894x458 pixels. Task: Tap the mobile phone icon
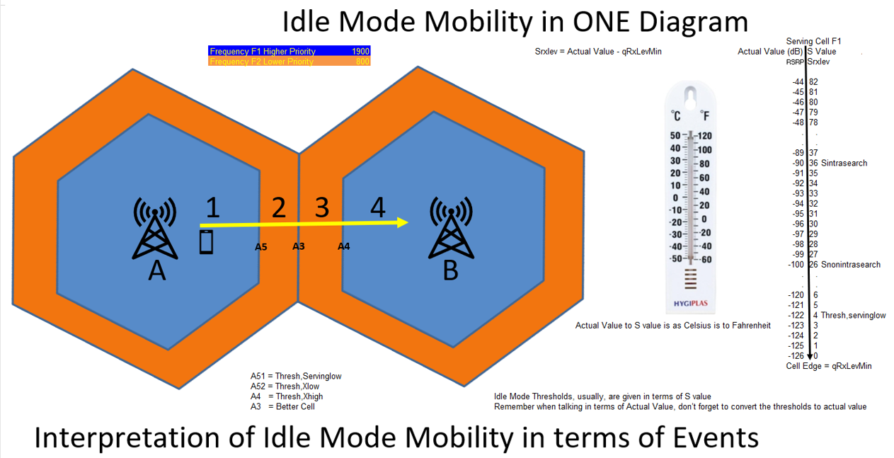tap(206, 241)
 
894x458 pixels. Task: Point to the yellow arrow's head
tap(403, 222)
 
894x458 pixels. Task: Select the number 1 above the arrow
tap(213, 207)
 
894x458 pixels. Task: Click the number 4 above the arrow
tap(378, 207)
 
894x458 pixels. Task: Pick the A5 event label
tap(260, 247)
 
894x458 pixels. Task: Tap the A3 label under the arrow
tap(299, 246)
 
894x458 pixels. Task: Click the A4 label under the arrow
tap(343, 246)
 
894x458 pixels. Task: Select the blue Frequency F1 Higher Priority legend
tap(289, 52)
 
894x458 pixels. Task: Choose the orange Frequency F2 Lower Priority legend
tap(289, 62)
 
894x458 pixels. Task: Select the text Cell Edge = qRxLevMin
tap(829, 366)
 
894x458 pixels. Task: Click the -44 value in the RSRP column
tap(799, 82)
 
